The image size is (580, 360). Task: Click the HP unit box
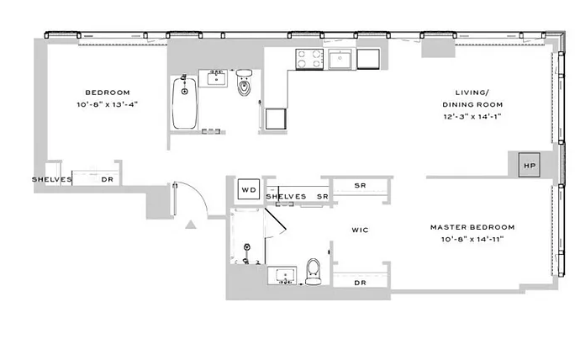pos(529,165)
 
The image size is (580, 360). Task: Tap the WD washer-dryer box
pos(249,189)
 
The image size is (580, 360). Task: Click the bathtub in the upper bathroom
pos(185,102)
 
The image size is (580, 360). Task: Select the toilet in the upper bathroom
pos(244,82)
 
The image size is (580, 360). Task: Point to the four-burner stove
pos(309,59)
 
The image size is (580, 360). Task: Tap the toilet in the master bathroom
pos(314,272)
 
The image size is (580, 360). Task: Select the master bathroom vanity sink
pos(282,275)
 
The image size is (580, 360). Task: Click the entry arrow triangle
pos(191,225)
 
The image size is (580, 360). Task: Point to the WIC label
pos(360,230)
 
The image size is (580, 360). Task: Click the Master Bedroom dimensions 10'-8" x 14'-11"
pos(472,240)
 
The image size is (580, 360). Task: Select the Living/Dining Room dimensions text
pos(472,117)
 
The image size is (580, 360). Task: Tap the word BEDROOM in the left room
pos(108,93)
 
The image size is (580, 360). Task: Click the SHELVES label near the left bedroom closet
pos(52,179)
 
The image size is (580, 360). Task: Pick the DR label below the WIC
pos(360,283)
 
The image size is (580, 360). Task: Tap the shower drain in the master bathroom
pos(247,246)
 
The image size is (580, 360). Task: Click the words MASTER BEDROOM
pos(472,227)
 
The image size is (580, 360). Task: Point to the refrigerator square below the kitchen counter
pos(276,119)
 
